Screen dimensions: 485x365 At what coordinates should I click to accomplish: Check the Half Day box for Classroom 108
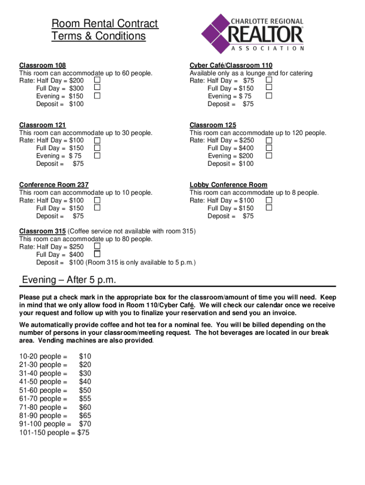click(x=97, y=81)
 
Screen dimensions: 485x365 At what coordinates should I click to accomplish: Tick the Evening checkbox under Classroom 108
click(x=97, y=96)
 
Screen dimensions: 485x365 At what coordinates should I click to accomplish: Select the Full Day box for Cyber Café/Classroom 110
click(x=269, y=88)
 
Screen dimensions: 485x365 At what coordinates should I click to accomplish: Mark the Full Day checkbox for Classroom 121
click(x=97, y=148)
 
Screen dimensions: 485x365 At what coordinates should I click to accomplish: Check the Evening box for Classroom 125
click(x=269, y=156)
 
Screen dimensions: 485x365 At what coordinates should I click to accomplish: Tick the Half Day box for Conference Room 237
click(x=97, y=200)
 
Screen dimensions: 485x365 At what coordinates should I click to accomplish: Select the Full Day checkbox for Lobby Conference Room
click(x=269, y=208)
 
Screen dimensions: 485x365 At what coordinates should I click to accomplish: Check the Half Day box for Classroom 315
click(x=97, y=246)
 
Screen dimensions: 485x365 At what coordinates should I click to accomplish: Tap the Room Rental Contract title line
click(x=105, y=24)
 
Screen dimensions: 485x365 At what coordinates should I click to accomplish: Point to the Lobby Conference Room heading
click(x=228, y=185)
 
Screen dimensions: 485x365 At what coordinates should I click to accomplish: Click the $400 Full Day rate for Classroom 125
click(x=246, y=148)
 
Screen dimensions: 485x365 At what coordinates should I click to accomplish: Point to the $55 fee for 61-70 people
click(x=85, y=399)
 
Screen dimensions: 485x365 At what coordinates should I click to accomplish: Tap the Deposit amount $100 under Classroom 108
click(x=76, y=104)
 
